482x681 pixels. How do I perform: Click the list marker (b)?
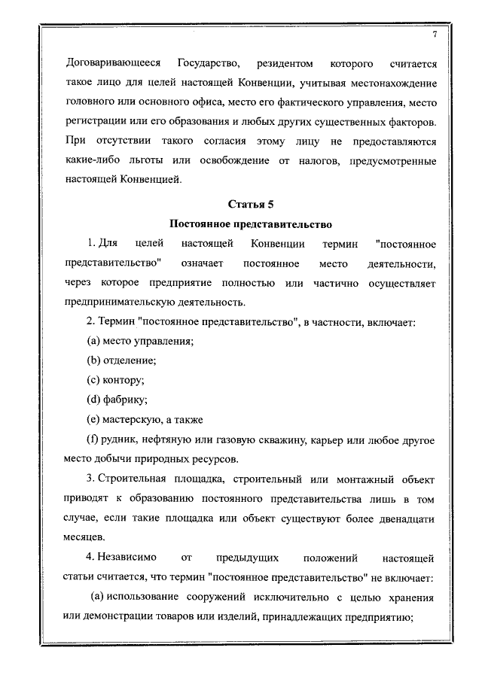click(96, 361)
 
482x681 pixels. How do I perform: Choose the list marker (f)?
click(94, 439)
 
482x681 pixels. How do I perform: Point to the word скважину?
click(297, 439)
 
